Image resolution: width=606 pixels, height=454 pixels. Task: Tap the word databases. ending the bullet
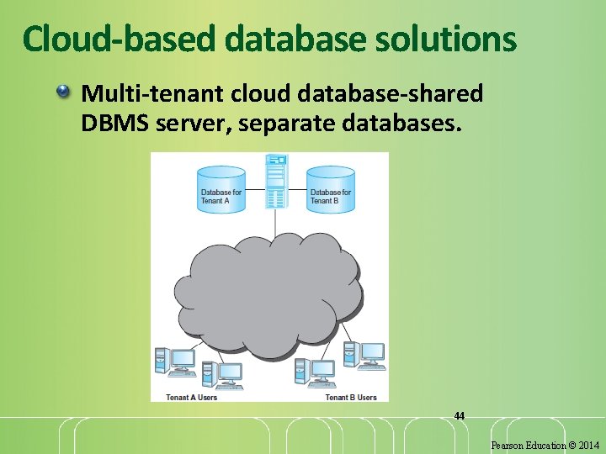tap(409, 124)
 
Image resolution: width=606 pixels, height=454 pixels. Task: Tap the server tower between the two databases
tap(275, 181)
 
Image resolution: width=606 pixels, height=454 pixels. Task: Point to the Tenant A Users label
tap(191, 397)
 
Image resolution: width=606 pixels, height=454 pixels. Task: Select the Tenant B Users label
tap(351, 397)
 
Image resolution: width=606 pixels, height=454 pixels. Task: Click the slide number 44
tap(459, 415)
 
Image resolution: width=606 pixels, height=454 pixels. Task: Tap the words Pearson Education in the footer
tap(528, 445)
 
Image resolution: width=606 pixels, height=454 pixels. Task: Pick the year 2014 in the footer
tap(589, 445)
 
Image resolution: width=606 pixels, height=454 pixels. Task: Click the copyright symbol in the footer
tap(571, 445)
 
